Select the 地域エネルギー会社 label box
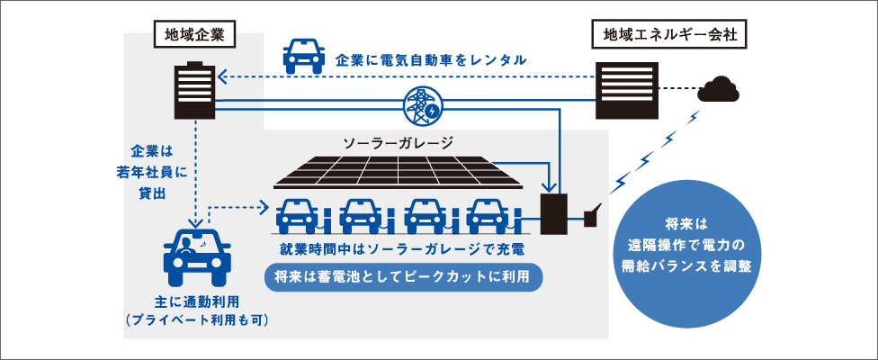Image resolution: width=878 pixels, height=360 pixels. coord(664,35)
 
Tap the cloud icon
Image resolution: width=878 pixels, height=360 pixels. coord(722,89)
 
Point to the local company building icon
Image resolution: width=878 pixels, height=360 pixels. coord(195,89)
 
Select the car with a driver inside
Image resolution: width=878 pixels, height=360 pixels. coord(197,256)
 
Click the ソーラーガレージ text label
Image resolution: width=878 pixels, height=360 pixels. coord(398,142)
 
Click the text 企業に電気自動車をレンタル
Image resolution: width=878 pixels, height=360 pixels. coord(430,60)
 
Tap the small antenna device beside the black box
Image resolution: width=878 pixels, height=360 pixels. coord(593,216)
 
